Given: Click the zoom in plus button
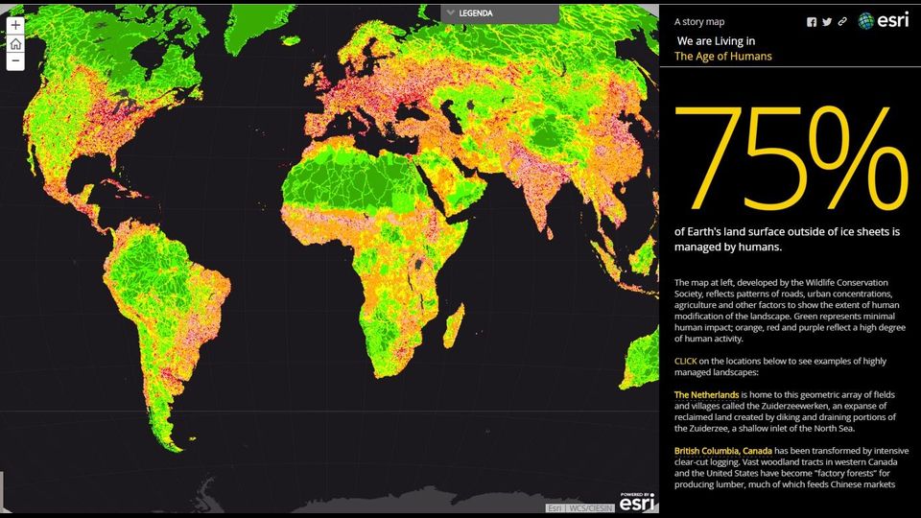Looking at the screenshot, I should [x=15, y=26].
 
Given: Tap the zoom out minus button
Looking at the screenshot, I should [x=15, y=61].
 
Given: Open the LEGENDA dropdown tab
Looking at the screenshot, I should [x=499, y=13].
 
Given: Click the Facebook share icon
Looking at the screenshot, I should [x=812, y=22].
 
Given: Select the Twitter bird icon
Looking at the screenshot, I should [x=827, y=22].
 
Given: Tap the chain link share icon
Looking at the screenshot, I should [x=842, y=22].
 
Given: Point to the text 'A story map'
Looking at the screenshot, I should [x=699, y=21].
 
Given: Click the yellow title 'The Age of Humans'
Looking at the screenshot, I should [x=722, y=57].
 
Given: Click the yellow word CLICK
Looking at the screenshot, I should [x=686, y=361].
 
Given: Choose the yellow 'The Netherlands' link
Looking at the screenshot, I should [x=706, y=394].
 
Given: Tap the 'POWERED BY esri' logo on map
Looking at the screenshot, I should [x=638, y=500].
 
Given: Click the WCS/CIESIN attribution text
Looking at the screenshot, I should [x=594, y=507].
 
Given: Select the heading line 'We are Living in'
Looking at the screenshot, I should [x=716, y=41].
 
